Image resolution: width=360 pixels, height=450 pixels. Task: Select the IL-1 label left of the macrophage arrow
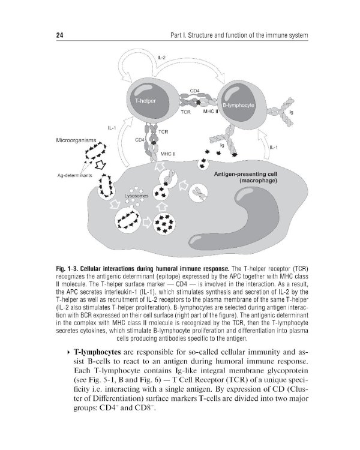pos(113,128)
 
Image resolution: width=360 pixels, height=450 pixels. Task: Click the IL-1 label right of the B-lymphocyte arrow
pos(274,147)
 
